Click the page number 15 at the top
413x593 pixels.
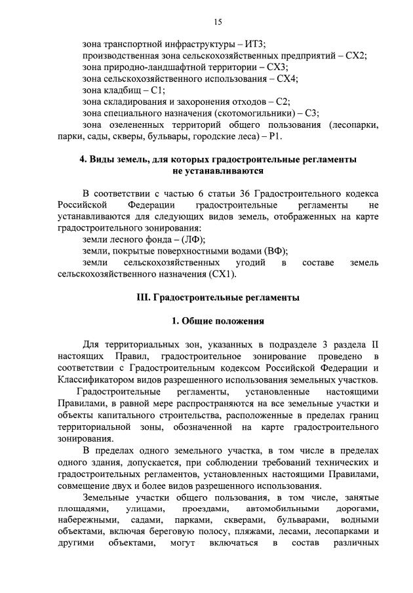(218, 22)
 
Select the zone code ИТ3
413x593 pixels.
(254, 44)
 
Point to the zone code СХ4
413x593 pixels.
(285, 79)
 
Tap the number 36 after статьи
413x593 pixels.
(243, 194)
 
